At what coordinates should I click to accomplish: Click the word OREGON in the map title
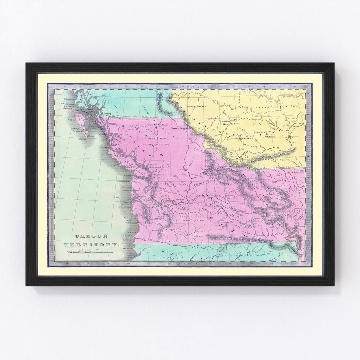coord(91,236)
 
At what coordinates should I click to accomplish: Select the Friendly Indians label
coord(197,106)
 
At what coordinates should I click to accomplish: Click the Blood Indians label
coord(231,124)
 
